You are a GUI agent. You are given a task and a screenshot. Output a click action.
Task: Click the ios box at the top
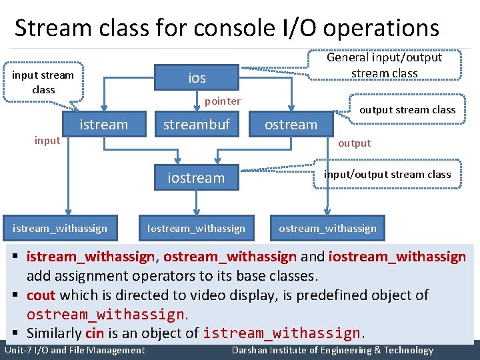pyautogui.click(x=197, y=78)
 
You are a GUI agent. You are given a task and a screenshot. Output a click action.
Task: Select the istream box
pyautogui.click(x=103, y=124)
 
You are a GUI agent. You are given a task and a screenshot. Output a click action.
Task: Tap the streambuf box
pyautogui.click(x=197, y=124)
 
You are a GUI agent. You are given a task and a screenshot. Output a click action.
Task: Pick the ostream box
pyautogui.click(x=291, y=124)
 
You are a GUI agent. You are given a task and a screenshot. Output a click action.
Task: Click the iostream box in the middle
pyautogui.click(x=196, y=177)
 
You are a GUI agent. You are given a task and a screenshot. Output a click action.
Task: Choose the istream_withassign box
pyautogui.click(x=59, y=228)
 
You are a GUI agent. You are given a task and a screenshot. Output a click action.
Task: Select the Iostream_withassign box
pyautogui.click(x=196, y=228)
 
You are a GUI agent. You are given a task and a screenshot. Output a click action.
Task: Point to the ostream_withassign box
pyautogui.click(x=327, y=228)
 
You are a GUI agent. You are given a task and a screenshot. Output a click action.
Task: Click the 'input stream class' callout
pyautogui.click(x=43, y=82)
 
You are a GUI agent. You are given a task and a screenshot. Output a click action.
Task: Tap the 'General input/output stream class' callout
pyautogui.click(x=384, y=65)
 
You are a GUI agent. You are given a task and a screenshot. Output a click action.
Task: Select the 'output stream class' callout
pyautogui.click(x=407, y=109)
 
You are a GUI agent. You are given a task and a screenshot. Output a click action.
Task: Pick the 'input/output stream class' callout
pyautogui.click(x=387, y=174)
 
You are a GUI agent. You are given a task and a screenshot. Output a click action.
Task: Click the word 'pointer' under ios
pyautogui.click(x=222, y=101)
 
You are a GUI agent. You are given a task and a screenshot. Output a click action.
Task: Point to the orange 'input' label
pyautogui.click(x=47, y=140)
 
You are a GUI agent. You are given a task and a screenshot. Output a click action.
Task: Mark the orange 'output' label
pyautogui.click(x=354, y=143)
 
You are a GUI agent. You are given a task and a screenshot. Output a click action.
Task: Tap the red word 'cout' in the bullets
pyautogui.click(x=41, y=295)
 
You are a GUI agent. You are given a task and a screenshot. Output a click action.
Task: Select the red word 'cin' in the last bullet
pyautogui.click(x=95, y=333)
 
